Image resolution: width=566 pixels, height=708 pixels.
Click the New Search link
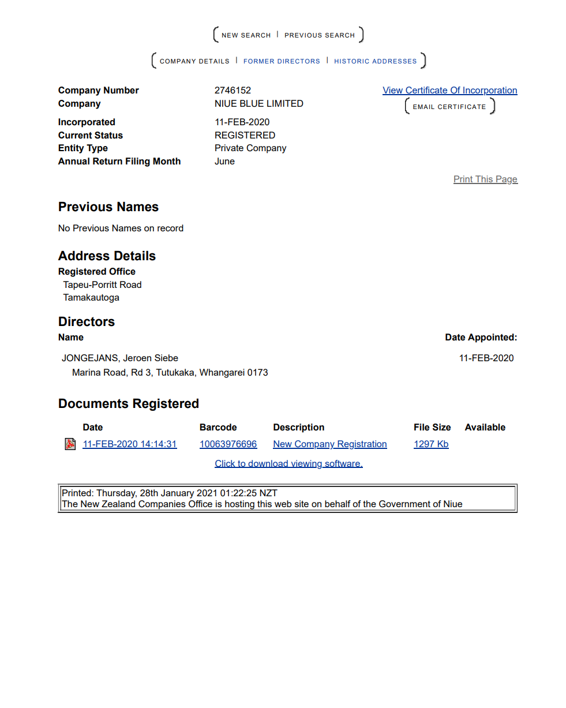coord(246,35)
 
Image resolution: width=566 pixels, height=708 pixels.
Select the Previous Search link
coord(319,35)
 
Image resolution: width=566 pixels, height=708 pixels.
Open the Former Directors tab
coord(282,61)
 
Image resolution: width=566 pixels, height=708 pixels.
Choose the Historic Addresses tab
coord(375,61)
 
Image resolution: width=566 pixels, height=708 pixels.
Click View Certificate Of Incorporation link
coord(449,91)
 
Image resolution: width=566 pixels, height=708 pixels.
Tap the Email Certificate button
coord(449,107)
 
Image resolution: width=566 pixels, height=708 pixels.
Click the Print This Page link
coord(485,179)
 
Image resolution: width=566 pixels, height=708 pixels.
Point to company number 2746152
coord(233,91)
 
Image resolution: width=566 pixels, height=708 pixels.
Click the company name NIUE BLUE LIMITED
coord(258,104)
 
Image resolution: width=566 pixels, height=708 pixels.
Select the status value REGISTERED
coord(245,136)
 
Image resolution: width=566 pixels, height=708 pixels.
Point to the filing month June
coord(224,162)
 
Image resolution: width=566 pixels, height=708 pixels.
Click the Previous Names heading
coord(108,207)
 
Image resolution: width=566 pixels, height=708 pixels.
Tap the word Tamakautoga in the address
coord(91,298)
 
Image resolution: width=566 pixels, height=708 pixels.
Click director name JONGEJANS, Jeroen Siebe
coord(120,358)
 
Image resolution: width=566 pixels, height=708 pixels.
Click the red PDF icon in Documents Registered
coord(70,444)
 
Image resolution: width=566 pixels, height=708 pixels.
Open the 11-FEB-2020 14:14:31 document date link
coord(130,444)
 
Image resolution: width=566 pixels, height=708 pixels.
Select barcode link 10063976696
coord(228,444)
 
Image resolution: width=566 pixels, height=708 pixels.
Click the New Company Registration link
coord(329,444)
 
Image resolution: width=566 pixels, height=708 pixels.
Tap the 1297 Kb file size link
coord(431,444)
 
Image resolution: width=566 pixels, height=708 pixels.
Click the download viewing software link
coord(288,464)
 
